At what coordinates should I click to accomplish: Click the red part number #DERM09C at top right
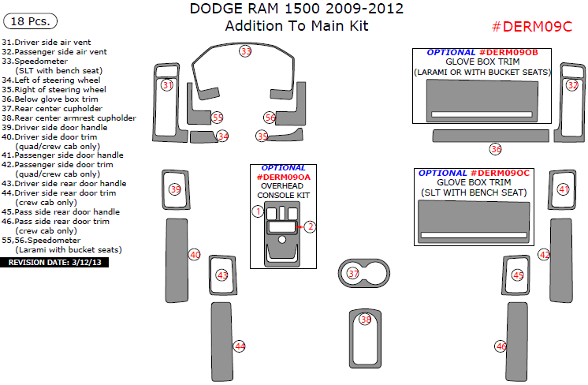pos(532,27)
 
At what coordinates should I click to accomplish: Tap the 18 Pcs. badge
pos(30,21)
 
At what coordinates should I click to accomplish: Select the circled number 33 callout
pos(245,51)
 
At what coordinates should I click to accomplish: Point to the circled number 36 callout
pos(496,149)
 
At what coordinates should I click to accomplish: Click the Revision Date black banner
pos(54,262)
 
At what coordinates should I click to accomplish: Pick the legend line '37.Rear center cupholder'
pos(52,108)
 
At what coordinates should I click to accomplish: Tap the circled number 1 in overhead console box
pos(258,211)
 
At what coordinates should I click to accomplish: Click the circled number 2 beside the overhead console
pos(310,226)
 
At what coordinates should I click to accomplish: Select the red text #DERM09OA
pos(284,177)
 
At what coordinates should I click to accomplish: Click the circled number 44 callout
pos(240,346)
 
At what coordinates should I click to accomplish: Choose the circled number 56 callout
pos(270,118)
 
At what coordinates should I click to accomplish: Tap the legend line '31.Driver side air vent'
pos(47,43)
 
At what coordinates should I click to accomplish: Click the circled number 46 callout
pos(501,346)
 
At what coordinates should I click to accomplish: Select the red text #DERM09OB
pos(508,53)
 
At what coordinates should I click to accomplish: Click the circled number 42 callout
pos(544,255)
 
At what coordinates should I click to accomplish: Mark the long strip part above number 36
pos(491,136)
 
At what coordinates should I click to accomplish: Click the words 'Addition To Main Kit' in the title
pos(296,26)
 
